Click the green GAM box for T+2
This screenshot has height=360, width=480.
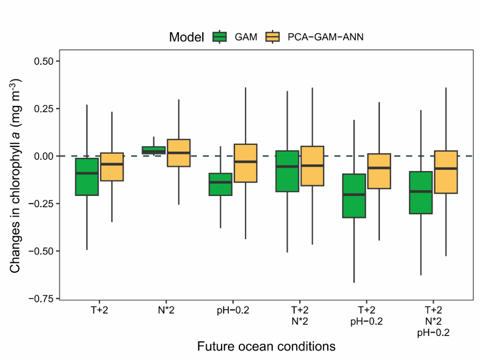point(87,177)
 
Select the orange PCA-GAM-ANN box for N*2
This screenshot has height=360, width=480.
point(178,153)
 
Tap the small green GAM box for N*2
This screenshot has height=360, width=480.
point(153,150)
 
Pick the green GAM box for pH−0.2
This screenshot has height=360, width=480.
point(220,184)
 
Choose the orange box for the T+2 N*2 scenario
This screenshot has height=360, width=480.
point(312,166)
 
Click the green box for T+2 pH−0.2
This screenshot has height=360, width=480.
point(354,196)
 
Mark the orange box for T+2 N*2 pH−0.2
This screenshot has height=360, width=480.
point(446,172)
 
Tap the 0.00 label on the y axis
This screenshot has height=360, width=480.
point(44,156)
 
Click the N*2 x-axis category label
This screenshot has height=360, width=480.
point(166,310)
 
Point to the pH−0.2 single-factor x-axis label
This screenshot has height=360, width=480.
point(233,310)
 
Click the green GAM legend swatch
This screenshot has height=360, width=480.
point(220,37)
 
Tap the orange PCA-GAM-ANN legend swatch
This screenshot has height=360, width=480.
point(272,37)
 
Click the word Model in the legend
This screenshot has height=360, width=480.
point(186,37)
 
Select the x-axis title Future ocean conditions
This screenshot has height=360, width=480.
point(266,346)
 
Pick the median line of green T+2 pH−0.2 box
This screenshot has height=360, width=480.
point(354,195)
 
